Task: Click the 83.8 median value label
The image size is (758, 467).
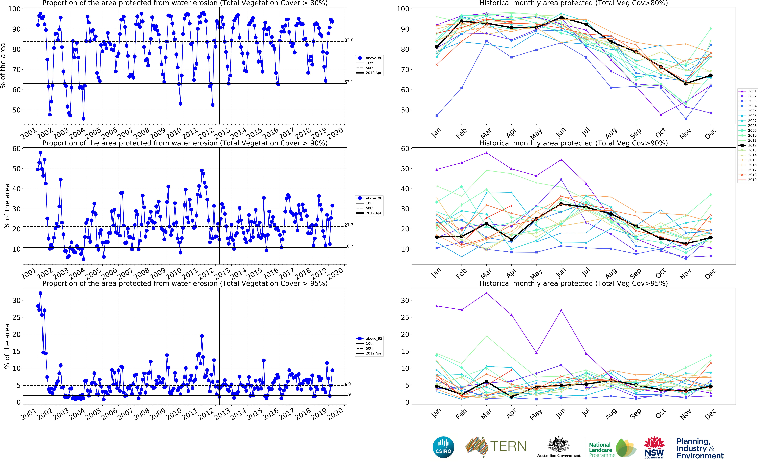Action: [349, 40]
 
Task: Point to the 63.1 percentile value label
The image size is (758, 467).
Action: [349, 82]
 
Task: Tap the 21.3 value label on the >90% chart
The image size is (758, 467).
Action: [349, 225]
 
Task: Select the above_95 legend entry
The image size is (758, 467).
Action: [374, 338]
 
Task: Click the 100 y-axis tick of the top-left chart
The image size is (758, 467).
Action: [14, 9]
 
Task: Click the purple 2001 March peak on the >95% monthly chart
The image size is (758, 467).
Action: [487, 293]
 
